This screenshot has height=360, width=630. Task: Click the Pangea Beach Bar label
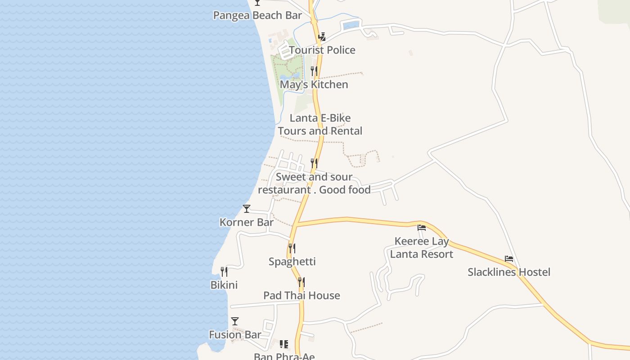257,15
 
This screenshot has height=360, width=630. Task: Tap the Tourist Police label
322,50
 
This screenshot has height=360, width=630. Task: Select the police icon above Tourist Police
322,37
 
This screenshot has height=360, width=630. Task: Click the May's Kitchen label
314,85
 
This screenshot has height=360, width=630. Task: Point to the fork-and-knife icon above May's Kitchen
314,71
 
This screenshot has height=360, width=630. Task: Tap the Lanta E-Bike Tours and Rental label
320,125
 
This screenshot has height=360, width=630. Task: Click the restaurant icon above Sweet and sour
314,163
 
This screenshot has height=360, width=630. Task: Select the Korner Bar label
247,222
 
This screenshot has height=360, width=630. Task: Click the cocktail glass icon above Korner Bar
247,209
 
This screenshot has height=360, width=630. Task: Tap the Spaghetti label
292,261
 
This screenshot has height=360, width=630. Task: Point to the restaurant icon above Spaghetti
292,248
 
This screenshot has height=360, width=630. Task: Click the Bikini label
224,285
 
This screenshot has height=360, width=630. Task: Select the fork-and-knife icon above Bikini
224,272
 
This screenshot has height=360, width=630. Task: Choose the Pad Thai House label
301,296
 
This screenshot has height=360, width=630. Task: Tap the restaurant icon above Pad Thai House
301,282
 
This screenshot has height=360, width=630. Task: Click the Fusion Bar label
235,335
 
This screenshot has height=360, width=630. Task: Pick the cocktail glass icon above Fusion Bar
235,321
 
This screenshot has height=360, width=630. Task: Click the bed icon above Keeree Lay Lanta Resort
422,228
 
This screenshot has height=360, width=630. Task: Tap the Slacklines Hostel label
509,272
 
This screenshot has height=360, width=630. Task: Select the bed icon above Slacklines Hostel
509,259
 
